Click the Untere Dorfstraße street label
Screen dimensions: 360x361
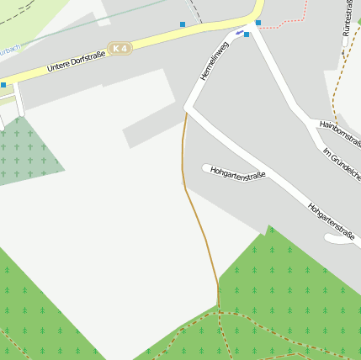point(76,60)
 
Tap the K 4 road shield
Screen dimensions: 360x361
point(120,49)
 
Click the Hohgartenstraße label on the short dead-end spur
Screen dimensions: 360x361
point(238,174)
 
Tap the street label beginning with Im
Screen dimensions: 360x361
point(342,163)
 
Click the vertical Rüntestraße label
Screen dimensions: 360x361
point(346,19)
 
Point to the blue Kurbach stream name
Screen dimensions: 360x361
point(8,50)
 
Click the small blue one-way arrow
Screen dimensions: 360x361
point(240,33)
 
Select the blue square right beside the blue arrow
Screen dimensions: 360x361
point(247,34)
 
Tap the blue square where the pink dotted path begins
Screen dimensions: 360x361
point(257,23)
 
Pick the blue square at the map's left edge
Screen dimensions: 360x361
point(3,85)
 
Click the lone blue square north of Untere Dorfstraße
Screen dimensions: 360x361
point(183,24)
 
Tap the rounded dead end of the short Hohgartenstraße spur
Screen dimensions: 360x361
point(206,167)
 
